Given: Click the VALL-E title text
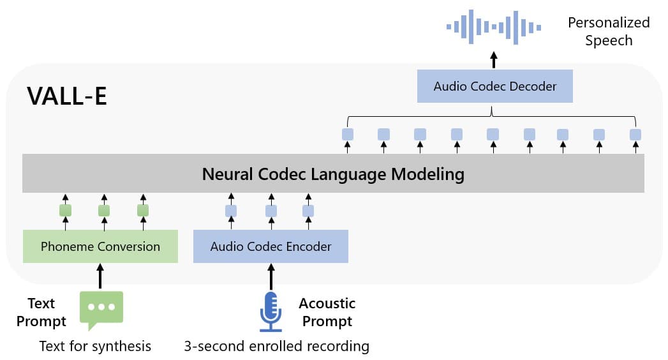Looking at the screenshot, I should coord(67,96).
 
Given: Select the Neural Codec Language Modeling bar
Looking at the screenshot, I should coord(333,174).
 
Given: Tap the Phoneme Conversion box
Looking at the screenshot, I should coord(100,246).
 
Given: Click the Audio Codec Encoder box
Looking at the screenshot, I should coord(271,246).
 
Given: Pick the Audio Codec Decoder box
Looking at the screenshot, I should coord(494,86).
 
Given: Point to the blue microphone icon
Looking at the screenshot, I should coord(270,311).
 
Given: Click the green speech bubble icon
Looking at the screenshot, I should coord(101,310).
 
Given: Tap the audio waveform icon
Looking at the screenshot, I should coord(493,27).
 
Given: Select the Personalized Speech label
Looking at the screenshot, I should coord(609,31).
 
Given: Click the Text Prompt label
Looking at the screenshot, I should coord(41,312).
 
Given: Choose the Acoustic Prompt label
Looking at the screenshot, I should coord(327,312).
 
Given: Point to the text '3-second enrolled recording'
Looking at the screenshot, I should coord(276,347).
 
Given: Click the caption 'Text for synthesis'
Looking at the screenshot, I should coord(95,346).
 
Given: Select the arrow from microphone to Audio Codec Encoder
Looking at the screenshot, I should coord(271,276).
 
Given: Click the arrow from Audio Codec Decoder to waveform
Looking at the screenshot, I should coord(493,60).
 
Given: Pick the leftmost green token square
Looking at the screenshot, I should coord(65,210).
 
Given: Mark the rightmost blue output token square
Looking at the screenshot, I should coord(635,135).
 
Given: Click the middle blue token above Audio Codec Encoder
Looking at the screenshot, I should coord(271,211).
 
